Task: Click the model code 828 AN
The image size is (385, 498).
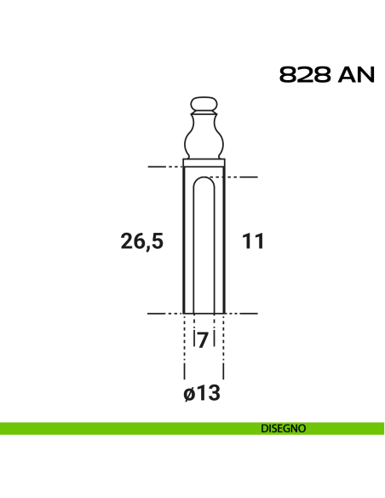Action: point(327,75)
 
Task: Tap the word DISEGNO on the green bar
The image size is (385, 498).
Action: point(283,428)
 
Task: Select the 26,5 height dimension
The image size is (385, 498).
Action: point(142,241)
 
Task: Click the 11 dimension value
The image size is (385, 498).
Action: point(253,241)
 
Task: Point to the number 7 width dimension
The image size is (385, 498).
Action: point(203,340)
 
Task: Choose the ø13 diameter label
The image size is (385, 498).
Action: point(202,393)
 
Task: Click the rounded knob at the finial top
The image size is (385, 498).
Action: point(204,104)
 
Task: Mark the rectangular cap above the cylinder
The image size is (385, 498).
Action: point(204,163)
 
